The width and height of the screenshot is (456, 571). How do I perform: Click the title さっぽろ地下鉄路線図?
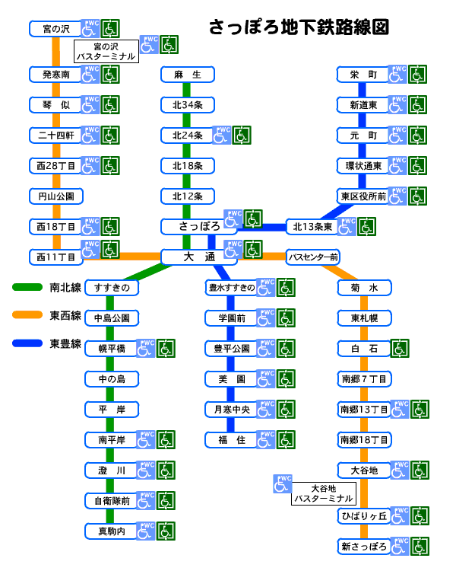[x=299, y=27]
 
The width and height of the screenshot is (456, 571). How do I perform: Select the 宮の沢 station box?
[x=56, y=29]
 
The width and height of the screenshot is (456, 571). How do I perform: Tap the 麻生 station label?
[x=187, y=75]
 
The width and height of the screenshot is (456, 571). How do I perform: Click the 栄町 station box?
[x=363, y=75]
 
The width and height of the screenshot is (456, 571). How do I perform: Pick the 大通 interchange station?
[x=199, y=257]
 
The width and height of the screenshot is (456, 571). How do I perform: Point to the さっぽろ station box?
[x=199, y=226]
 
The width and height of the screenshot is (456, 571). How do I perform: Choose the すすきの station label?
[x=112, y=288]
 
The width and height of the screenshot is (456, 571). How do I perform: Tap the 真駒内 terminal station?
[x=111, y=531]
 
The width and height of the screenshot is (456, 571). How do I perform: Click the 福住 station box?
[x=231, y=439]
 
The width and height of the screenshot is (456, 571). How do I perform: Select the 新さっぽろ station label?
[x=364, y=546]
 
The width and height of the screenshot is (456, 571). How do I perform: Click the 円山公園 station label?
[x=56, y=196]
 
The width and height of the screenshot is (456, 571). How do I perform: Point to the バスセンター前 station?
[x=312, y=257]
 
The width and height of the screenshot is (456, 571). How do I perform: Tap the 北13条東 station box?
[x=312, y=226]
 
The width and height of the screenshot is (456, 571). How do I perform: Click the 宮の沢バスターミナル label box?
[x=106, y=52]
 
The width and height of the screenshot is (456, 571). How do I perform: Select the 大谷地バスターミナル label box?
[x=323, y=493]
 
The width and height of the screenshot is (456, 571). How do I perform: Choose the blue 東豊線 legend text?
[x=65, y=343]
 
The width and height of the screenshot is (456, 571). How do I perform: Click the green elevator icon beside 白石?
[x=401, y=349]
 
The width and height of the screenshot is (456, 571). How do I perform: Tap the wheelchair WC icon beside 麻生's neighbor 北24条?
[x=222, y=135]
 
